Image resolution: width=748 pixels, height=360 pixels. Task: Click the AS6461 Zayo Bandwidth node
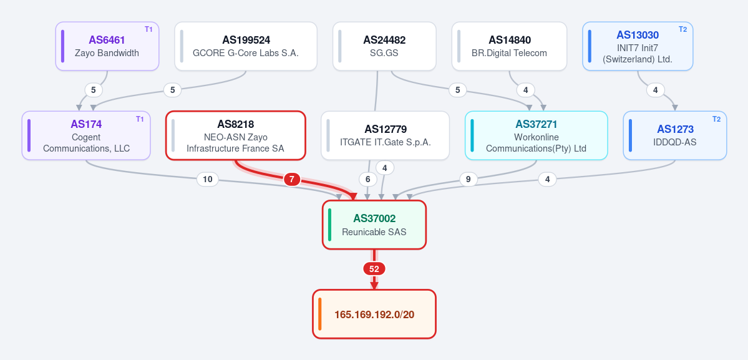pyautogui.click(x=107, y=46)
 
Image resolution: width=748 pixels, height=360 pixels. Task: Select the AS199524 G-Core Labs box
pyautogui.click(x=246, y=46)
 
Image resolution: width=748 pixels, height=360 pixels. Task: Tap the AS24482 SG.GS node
pyautogui.click(x=384, y=46)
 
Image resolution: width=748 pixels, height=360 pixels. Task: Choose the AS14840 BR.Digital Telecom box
pyautogui.click(x=510, y=46)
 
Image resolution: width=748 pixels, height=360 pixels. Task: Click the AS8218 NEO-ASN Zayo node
pyautogui.click(x=236, y=135)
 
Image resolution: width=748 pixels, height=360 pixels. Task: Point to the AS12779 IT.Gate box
pyautogui.click(x=386, y=135)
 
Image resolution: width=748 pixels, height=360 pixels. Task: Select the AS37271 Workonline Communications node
pyautogui.click(x=536, y=135)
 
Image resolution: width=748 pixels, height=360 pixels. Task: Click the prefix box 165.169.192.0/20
pyautogui.click(x=374, y=314)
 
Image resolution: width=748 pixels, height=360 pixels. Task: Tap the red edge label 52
pyautogui.click(x=374, y=269)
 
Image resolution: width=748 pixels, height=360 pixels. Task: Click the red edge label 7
pyautogui.click(x=292, y=180)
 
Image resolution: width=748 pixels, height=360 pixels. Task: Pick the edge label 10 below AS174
pyautogui.click(x=208, y=179)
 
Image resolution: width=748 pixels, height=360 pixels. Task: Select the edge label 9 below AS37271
pyautogui.click(x=469, y=179)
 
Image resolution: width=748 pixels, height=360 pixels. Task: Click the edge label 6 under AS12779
pyautogui.click(x=368, y=179)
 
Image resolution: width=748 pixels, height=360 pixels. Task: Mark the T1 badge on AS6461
pyautogui.click(x=149, y=29)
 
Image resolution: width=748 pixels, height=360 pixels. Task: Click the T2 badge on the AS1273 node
pyautogui.click(x=717, y=119)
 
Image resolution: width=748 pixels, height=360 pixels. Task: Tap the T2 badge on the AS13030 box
pyautogui.click(x=683, y=29)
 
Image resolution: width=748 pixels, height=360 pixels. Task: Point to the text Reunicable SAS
pyautogui.click(x=374, y=232)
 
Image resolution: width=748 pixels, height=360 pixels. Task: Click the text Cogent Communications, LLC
pyautogui.click(x=86, y=143)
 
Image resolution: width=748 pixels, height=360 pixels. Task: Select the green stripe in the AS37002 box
pyautogui.click(x=329, y=225)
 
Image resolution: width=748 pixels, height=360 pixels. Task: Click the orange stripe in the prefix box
pyautogui.click(x=320, y=314)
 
